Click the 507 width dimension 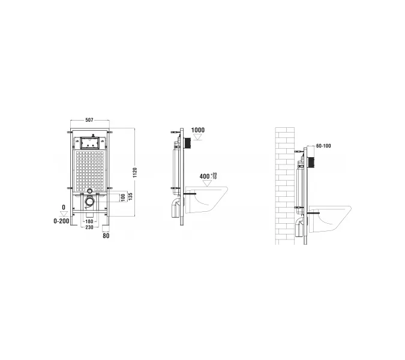pos(89,120)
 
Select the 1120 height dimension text pos(135,173)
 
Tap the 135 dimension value pos(130,197)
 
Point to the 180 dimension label pos(89,221)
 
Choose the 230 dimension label pos(89,227)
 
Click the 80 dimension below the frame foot pos(106,236)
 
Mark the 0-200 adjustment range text pos(61,221)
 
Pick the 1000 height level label pos(198,130)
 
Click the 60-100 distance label pos(323,146)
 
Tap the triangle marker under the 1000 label pos(198,137)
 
